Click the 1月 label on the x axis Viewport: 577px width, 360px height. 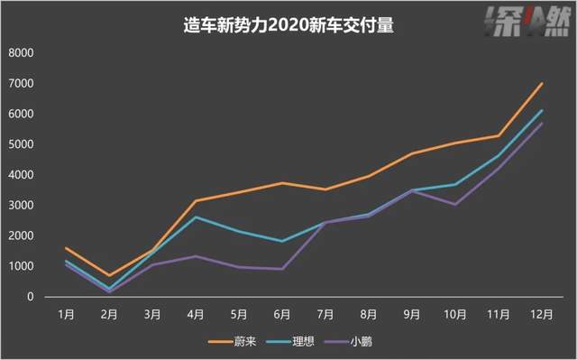click(67, 314)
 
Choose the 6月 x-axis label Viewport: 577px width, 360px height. click(282, 314)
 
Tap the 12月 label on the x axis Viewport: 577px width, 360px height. click(542, 314)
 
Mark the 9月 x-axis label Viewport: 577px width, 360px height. click(412, 314)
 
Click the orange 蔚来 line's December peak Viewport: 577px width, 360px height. click(542, 83)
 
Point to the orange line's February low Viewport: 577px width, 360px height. click(110, 275)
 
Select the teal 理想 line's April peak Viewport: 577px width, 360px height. click(196, 217)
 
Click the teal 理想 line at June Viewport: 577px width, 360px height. click(282, 241)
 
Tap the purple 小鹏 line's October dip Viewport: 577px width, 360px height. click(455, 204)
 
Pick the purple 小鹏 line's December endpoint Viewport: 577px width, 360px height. click(542, 123)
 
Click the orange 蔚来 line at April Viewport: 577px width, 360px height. click(196, 200)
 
